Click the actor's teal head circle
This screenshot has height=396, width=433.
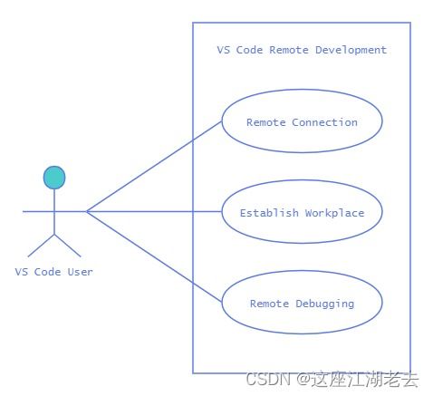[x=54, y=178]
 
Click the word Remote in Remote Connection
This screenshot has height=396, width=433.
[x=266, y=122]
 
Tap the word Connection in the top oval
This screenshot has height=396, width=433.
[x=324, y=122]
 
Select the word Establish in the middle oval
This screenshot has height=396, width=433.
[x=269, y=213]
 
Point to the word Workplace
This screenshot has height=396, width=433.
[x=334, y=213]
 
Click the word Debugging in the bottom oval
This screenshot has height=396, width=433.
[x=325, y=304]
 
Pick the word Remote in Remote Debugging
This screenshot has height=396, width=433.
[x=269, y=304]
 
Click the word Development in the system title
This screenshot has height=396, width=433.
[x=351, y=50]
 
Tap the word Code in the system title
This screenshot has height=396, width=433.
[x=249, y=50]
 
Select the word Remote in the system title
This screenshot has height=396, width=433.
[x=289, y=50]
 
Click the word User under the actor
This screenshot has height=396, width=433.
[x=80, y=272]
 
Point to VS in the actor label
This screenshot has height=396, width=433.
[x=22, y=272]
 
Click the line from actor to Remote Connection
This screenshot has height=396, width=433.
[x=154, y=167]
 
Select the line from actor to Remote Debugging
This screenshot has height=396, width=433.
[x=154, y=256]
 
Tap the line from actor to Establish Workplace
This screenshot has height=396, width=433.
[x=154, y=211]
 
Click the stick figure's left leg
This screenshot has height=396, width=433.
[x=41, y=246]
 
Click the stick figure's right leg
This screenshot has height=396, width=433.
[x=68, y=246]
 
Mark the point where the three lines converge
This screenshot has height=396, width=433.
[x=87, y=211]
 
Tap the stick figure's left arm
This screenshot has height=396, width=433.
[x=38, y=211]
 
